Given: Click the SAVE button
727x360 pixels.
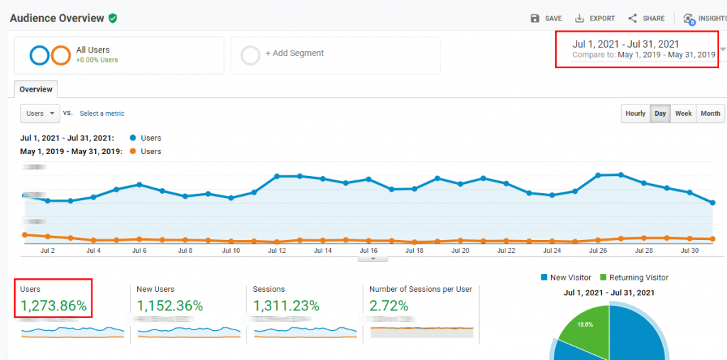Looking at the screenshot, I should (546, 18).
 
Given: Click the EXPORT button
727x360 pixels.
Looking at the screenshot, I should (595, 18).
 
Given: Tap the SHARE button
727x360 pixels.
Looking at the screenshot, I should (646, 18).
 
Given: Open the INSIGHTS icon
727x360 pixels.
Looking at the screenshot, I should (687, 19).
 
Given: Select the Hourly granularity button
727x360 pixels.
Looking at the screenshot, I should (635, 114).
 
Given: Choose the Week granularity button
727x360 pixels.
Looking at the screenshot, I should (683, 114).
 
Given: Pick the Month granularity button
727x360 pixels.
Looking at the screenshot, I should (710, 114).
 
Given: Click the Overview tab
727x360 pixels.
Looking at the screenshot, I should (36, 89).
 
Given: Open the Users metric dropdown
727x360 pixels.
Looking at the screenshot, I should (39, 114).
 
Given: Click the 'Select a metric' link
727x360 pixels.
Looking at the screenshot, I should (102, 114).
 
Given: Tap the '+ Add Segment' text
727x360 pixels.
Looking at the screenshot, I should (294, 53).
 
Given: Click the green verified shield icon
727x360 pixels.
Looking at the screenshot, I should (113, 18).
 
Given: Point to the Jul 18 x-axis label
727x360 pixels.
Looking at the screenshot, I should (415, 251).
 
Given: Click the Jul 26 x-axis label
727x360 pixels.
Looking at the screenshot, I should (598, 251).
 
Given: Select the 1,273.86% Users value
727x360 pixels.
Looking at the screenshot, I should (53, 306).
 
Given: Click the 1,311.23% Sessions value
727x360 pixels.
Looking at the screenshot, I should (286, 306).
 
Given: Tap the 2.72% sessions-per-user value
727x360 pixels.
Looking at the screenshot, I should (389, 306).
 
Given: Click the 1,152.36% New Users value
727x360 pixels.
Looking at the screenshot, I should (170, 306).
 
